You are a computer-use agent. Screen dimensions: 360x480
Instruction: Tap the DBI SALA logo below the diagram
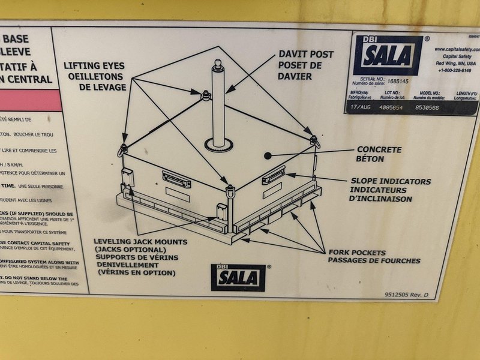[238, 277]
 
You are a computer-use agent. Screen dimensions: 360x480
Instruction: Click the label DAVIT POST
[306, 55]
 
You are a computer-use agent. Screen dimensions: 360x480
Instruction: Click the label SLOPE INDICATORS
[391, 181]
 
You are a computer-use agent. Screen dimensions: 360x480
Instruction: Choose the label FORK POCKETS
[356, 252]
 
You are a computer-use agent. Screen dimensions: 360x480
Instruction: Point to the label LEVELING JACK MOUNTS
[140, 242]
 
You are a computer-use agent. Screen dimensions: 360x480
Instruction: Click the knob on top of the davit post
[218, 63]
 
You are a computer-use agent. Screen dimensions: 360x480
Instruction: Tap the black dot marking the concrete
[268, 155]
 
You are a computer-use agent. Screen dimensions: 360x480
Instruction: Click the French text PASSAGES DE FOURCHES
[374, 260]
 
